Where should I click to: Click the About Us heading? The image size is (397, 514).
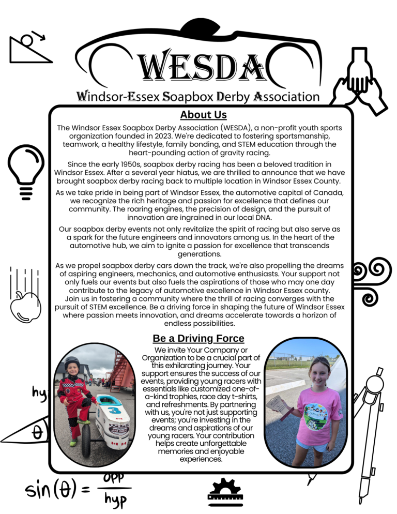pyautogui.click(x=203, y=114)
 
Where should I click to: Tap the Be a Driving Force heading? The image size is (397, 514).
pyautogui.click(x=198, y=338)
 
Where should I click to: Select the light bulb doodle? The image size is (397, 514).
pyautogui.click(x=24, y=170)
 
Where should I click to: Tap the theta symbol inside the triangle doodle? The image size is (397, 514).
pyautogui.click(x=37, y=433)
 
